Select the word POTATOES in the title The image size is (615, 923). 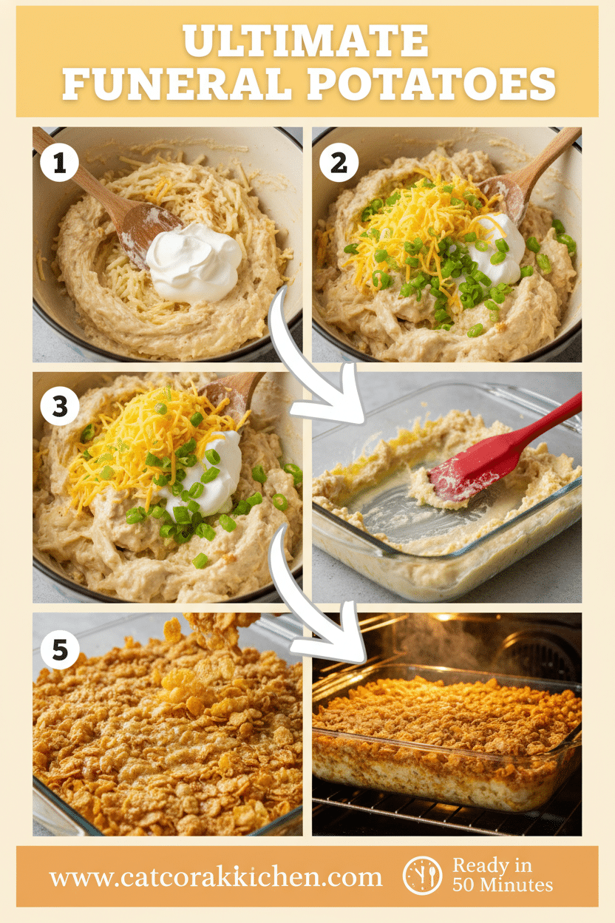tap(431, 84)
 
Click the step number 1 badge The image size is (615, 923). tap(59, 163)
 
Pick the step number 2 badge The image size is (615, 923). tap(339, 163)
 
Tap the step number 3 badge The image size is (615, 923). tap(59, 408)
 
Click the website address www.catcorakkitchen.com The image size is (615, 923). tap(216, 877)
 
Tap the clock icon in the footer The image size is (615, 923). tap(422, 876)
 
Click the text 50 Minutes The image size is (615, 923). tap(503, 886)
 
